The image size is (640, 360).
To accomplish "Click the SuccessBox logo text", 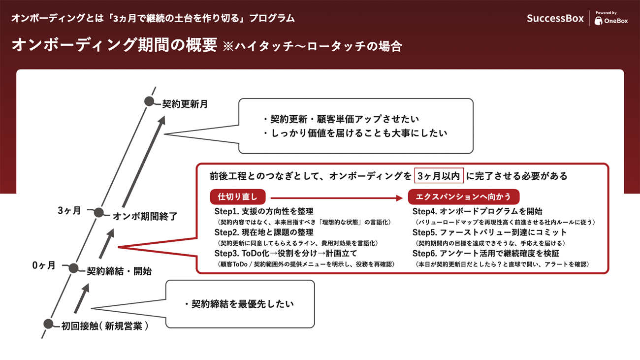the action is [555, 18].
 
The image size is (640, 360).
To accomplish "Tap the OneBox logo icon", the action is [598, 21].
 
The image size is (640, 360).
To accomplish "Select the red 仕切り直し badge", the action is [238, 196].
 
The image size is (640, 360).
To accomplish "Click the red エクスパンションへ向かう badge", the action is [463, 196].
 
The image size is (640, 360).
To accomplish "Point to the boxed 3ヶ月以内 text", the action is [439, 176].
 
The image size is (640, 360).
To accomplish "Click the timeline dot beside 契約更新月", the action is [149, 101].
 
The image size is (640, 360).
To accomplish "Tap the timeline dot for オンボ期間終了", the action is [99, 212].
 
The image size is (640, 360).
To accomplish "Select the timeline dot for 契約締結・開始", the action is [74, 268].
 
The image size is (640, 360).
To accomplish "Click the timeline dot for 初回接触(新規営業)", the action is [48, 324].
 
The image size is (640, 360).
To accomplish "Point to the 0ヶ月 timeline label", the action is [44, 265].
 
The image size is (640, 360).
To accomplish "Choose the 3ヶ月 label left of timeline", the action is [69, 211].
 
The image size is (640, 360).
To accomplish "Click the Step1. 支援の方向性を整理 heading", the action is [264, 211].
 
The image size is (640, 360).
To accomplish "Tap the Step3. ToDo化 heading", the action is [286, 254].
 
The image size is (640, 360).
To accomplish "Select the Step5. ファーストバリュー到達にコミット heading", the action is [489, 232].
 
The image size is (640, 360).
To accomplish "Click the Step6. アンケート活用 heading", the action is [486, 254].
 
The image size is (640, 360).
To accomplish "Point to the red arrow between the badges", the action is [337, 197].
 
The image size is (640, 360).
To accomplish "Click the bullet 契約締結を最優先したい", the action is [239, 304].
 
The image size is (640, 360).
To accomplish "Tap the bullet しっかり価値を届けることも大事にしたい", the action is [355, 133].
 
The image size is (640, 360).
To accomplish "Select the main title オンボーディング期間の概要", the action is [114, 45].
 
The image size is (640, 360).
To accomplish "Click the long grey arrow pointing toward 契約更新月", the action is [144, 162].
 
